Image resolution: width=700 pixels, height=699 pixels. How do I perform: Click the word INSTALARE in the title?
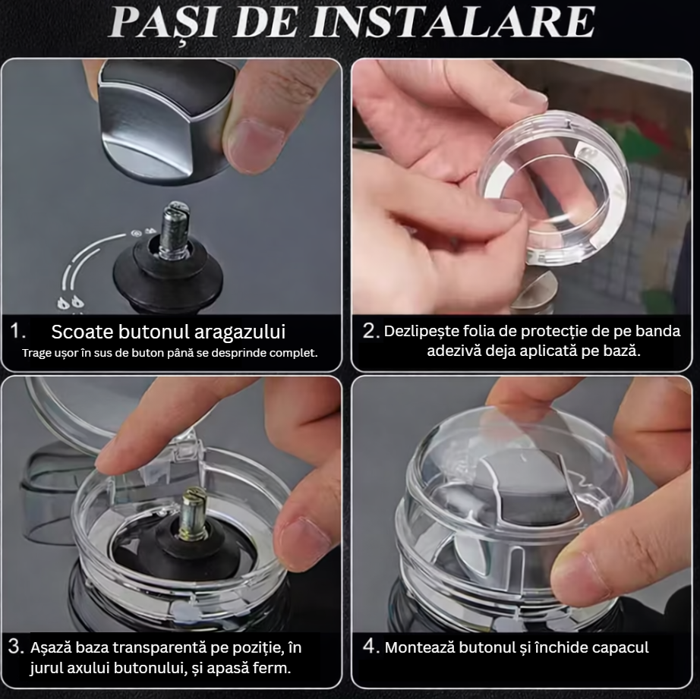[x=452, y=22]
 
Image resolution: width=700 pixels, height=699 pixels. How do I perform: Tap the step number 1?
[x=17, y=332]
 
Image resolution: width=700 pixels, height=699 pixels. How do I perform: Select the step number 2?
[x=371, y=331]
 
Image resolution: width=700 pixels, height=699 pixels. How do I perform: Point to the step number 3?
[x=16, y=647]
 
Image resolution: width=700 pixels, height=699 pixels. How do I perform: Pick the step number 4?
[x=371, y=646]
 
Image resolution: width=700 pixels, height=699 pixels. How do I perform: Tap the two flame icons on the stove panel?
[x=71, y=303]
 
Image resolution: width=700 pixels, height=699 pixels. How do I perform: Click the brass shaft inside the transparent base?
[x=194, y=512]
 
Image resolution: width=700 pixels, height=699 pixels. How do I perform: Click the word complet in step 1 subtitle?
[x=296, y=353]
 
